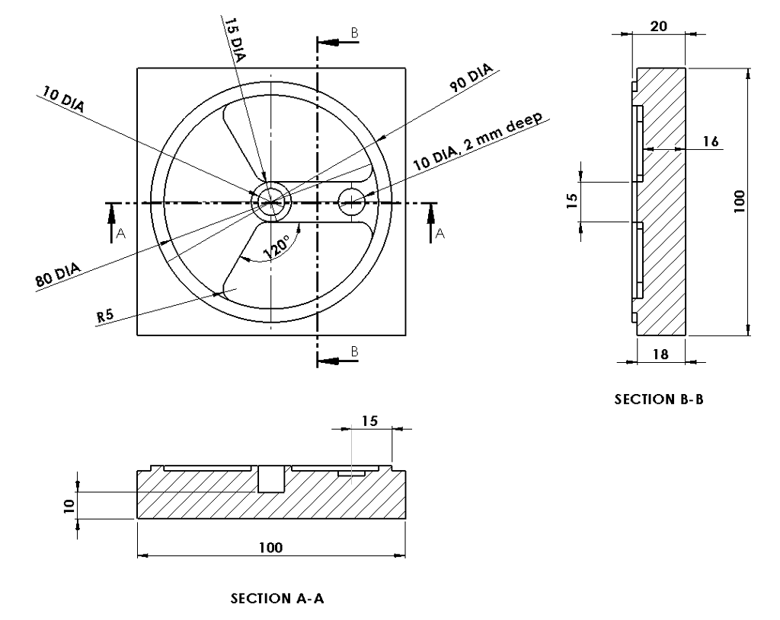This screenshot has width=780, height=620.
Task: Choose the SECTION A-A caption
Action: [278, 600]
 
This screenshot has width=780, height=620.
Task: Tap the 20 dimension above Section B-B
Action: [659, 26]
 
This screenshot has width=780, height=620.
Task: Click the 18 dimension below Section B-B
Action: [660, 355]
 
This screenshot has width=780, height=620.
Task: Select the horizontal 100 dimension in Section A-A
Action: [270, 548]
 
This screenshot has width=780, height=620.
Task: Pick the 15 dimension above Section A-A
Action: [371, 421]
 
